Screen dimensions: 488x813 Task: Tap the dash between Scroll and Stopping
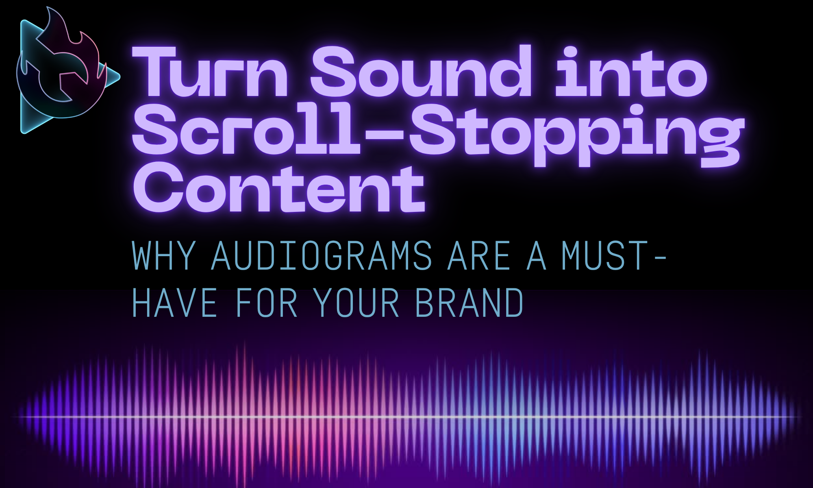385,132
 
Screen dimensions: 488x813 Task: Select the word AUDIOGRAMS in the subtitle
322,256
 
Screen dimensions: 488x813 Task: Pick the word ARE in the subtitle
478,256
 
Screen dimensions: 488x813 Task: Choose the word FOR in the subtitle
267,303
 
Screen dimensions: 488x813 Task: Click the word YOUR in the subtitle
357,303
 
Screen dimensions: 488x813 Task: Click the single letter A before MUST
537,256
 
